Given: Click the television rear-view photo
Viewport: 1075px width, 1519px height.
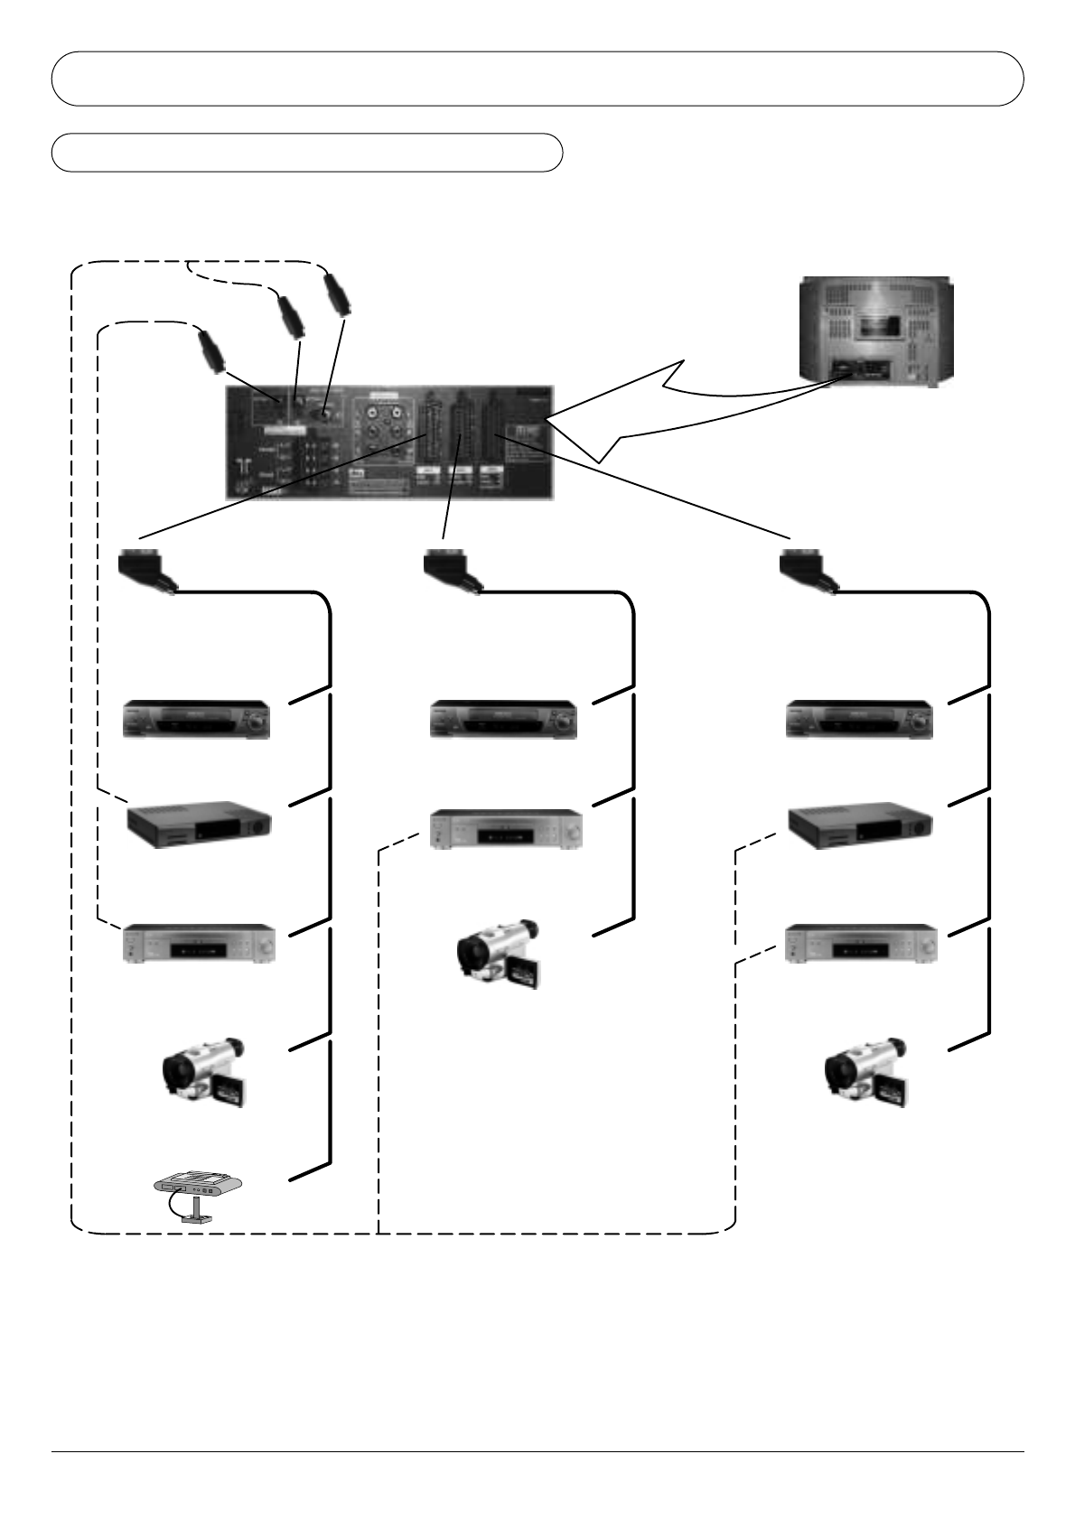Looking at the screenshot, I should pos(875,331).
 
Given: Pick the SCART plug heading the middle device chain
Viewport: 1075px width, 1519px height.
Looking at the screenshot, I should pos(450,569).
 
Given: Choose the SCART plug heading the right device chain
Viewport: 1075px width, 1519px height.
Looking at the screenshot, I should pos(806,569).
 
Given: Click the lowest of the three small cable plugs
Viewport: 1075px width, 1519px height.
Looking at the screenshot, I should pos(210,351).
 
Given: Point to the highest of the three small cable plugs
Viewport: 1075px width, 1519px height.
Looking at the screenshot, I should pos(336,294).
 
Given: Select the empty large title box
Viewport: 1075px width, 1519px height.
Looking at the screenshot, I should pos(537,79).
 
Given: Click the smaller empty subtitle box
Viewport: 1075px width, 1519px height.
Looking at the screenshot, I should pos(307,153).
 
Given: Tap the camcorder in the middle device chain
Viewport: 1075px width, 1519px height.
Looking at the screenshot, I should pos(499,954).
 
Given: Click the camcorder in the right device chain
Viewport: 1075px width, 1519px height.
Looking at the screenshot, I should pos(866,1072).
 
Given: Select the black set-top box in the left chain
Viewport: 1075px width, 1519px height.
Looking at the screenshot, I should pos(199,824).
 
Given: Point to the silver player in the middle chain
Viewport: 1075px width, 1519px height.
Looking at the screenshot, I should pos(506,829).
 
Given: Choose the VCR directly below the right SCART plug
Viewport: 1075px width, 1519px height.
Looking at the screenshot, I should pos(859,719).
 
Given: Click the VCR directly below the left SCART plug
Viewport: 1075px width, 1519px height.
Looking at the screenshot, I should pos(197,719).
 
